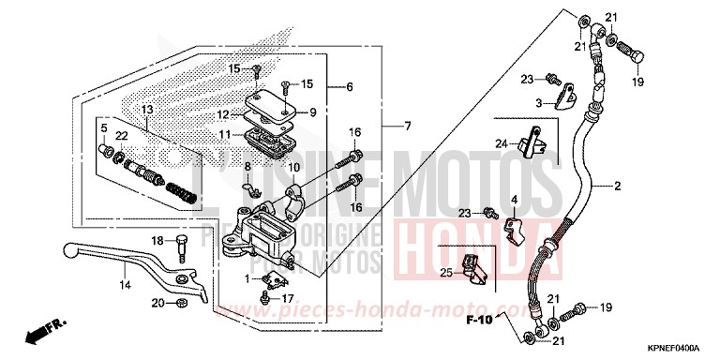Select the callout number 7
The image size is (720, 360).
pos(407,127)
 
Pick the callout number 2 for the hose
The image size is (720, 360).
pos(617,187)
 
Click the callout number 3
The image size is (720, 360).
pos(539,103)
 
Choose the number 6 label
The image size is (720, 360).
pos(348,87)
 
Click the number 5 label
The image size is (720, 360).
pos(104,128)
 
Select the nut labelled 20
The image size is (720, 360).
pos(182,302)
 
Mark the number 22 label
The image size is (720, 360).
pos(121,137)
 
